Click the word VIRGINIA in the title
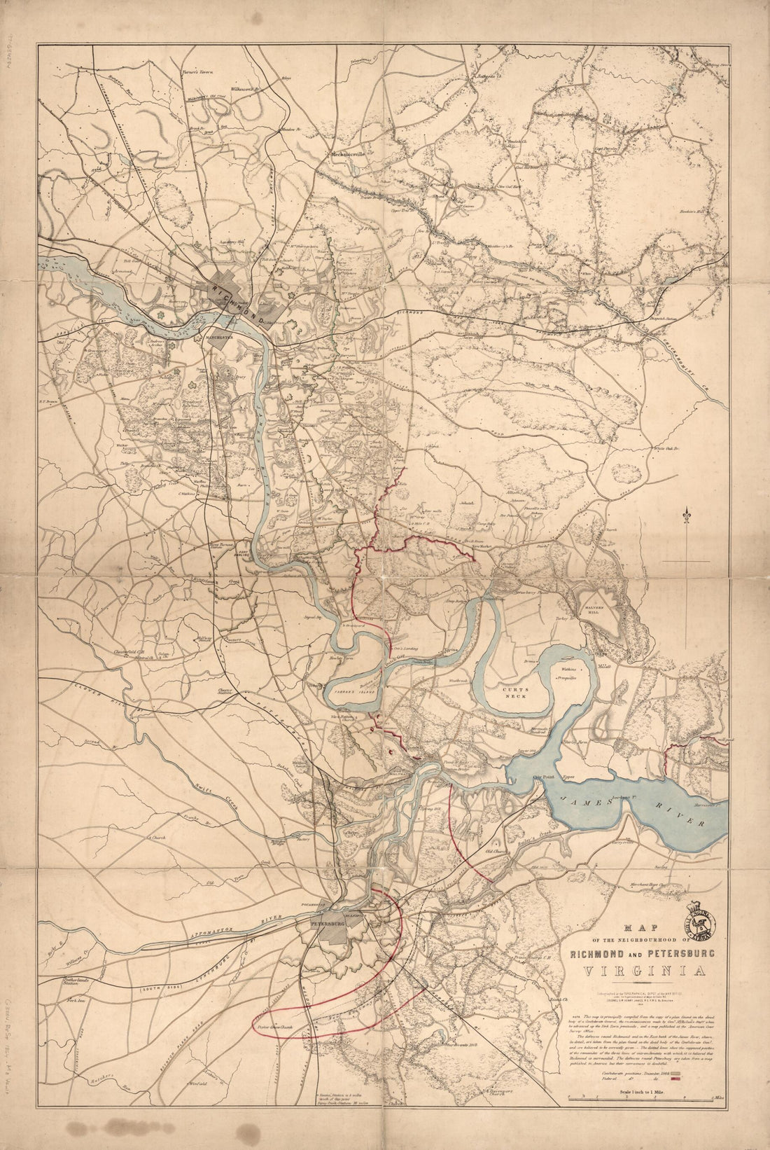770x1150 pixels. pos(638,972)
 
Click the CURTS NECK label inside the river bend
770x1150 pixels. pos(525,693)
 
